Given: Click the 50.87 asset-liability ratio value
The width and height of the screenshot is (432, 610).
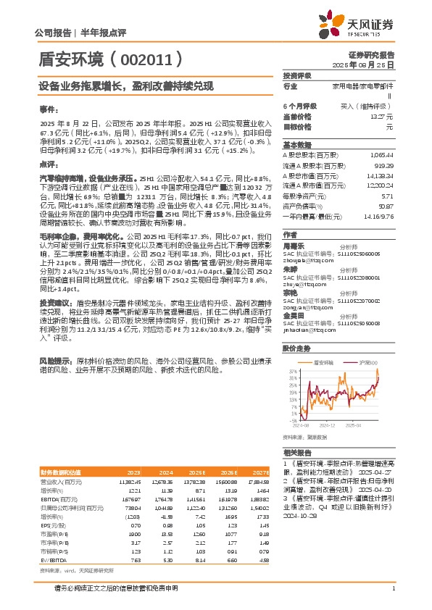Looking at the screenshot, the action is coord(386,206).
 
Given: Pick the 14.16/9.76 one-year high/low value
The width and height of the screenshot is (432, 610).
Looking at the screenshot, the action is coord(380,217).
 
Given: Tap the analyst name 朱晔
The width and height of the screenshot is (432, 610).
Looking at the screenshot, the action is coord(290,267).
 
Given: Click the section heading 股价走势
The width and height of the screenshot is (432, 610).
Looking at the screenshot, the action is coord(296,348).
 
